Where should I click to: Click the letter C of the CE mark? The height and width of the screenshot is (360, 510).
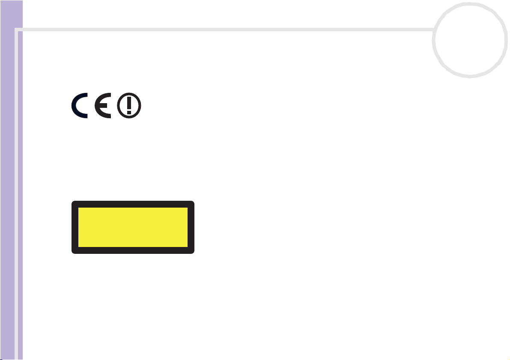point(74,106)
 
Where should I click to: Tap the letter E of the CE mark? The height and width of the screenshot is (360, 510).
point(97,106)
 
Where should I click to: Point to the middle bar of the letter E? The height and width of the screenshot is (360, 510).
point(103,105)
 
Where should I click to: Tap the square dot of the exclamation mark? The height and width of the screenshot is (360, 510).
point(129,113)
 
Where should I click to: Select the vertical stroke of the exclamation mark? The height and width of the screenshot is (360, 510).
point(129,103)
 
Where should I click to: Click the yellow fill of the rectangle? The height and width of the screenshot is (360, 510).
point(133,227)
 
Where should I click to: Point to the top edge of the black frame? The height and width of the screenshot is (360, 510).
point(133,204)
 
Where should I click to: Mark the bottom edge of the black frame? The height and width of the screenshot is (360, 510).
point(133,250)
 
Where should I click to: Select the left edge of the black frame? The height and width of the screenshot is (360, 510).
point(75,227)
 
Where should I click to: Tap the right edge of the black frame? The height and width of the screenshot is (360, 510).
point(191,227)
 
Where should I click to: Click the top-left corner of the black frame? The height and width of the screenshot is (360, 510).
point(72,201)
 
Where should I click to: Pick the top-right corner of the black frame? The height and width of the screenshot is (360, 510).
point(194,201)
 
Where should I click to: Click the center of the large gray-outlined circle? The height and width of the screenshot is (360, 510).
point(470,40)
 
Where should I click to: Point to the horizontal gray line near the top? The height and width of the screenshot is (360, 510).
point(224,30)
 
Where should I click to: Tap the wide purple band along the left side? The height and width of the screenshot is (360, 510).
point(12,180)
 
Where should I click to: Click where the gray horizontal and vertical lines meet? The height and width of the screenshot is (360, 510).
point(16,30)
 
